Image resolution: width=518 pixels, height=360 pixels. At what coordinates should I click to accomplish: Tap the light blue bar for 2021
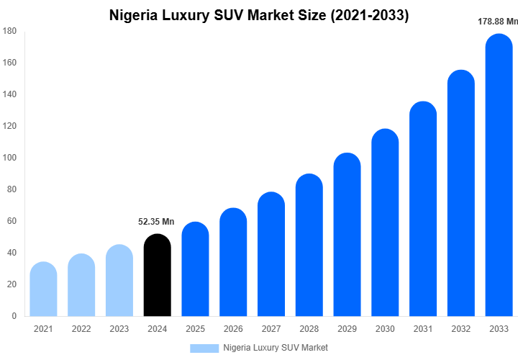[43, 289]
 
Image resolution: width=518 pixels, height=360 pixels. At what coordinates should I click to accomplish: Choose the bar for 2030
[385, 222]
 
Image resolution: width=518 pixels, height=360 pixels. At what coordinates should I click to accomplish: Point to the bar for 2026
[233, 262]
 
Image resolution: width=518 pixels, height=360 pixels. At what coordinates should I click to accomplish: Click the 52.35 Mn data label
[156, 222]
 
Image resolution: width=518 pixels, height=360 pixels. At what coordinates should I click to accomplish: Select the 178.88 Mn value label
[498, 22]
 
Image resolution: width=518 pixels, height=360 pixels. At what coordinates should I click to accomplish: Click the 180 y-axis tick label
[9, 31]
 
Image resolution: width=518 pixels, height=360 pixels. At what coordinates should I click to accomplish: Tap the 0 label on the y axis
[14, 316]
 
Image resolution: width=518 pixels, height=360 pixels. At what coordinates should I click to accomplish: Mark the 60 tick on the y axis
[12, 221]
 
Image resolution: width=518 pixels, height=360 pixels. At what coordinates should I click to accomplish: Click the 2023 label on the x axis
[119, 329]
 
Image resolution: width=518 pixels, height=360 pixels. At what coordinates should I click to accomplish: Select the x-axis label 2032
[461, 329]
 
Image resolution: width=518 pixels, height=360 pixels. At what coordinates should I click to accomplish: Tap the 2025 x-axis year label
[195, 329]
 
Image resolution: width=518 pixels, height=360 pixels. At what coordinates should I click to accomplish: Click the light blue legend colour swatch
[204, 348]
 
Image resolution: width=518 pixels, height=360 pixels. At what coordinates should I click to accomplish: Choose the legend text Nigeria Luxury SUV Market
[276, 348]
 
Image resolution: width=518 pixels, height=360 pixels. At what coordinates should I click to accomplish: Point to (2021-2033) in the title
[368, 15]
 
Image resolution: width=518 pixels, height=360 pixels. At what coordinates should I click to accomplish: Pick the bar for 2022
[81, 285]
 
